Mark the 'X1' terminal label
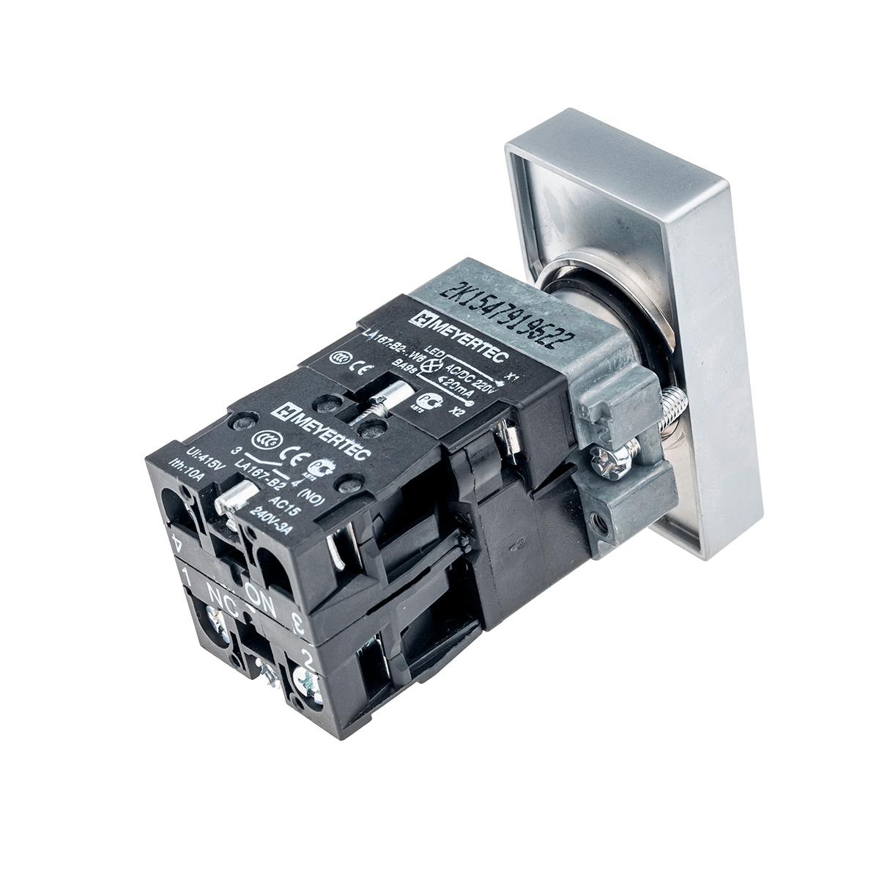pos(513,375)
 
